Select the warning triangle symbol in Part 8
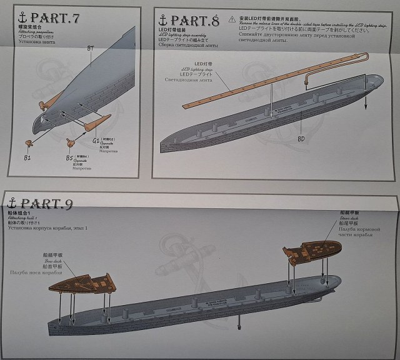[232, 20]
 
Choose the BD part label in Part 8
[301, 138]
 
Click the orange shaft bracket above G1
[97, 124]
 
